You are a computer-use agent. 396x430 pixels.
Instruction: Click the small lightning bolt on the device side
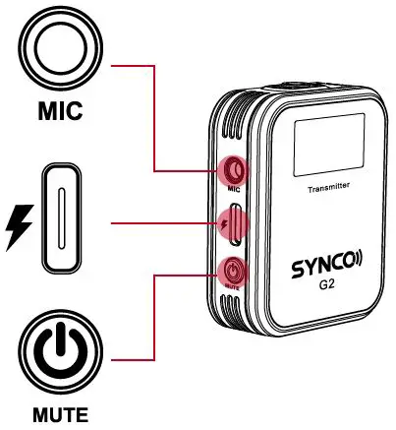tap(226, 225)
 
